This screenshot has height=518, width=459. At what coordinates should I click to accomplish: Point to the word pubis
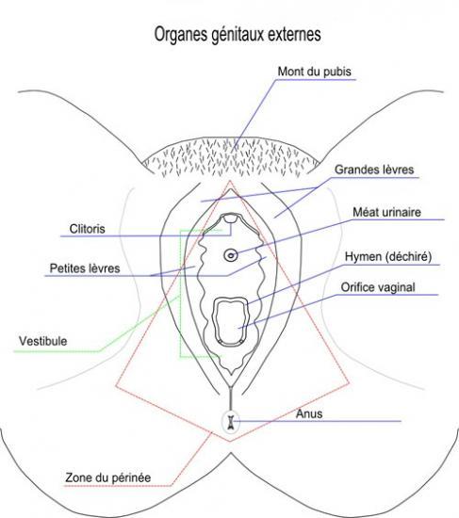point(337,73)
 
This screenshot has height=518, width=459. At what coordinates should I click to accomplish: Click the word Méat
point(366,212)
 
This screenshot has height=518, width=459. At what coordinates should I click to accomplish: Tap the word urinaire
point(402,212)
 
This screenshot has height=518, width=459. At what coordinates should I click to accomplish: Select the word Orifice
point(357,287)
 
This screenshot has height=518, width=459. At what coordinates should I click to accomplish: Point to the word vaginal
point(396,288)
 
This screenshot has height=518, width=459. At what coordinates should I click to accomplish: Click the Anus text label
point(309,413)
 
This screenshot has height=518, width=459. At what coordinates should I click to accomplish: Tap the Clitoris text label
point(88,229)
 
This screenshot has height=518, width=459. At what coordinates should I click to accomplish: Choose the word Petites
point(67,268)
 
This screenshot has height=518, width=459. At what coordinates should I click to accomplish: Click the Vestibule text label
point(43,341)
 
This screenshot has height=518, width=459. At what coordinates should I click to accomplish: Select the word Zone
point(78,478)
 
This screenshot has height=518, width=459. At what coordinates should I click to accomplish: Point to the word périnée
point(132,478)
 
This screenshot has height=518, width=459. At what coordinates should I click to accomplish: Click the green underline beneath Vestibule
point(57,351)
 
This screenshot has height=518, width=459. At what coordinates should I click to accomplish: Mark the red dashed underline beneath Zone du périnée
point(118,486)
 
